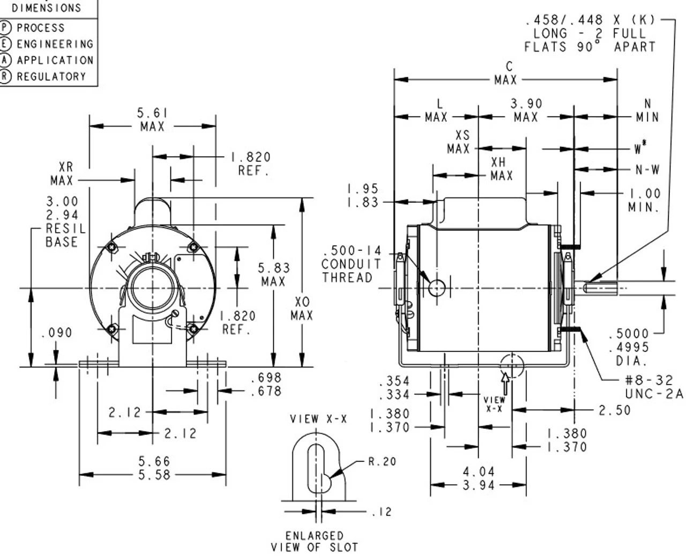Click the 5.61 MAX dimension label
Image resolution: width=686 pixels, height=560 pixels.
pos(153,120)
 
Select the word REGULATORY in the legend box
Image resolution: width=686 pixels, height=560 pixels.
pos(51,77)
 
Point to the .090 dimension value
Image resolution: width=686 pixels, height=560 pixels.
pos(56,333)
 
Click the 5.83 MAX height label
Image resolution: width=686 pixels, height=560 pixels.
pos(273,274)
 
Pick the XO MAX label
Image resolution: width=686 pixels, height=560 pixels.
pos(301,309)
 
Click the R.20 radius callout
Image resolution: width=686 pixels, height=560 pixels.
pos(382,461)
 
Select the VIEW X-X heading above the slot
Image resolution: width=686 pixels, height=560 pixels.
pos(318,419)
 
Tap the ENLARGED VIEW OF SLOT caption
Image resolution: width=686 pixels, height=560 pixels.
pos(314,541)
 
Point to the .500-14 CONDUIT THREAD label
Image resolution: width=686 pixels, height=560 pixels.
pos(351,264)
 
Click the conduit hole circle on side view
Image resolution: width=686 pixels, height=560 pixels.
pos(437,288)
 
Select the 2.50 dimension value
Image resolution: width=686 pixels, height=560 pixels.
pos(615,410)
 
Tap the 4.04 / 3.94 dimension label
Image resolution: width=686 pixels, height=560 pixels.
pos(479,478)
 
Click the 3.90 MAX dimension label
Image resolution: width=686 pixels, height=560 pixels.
pos(526,110)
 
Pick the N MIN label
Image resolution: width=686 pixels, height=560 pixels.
pos(647,110)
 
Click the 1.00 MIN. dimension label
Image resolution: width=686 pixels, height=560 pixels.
pos(644,200)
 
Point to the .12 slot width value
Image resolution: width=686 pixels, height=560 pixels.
pos(381,512)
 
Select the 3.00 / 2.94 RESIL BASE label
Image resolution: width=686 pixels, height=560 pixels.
pos(62,222)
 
